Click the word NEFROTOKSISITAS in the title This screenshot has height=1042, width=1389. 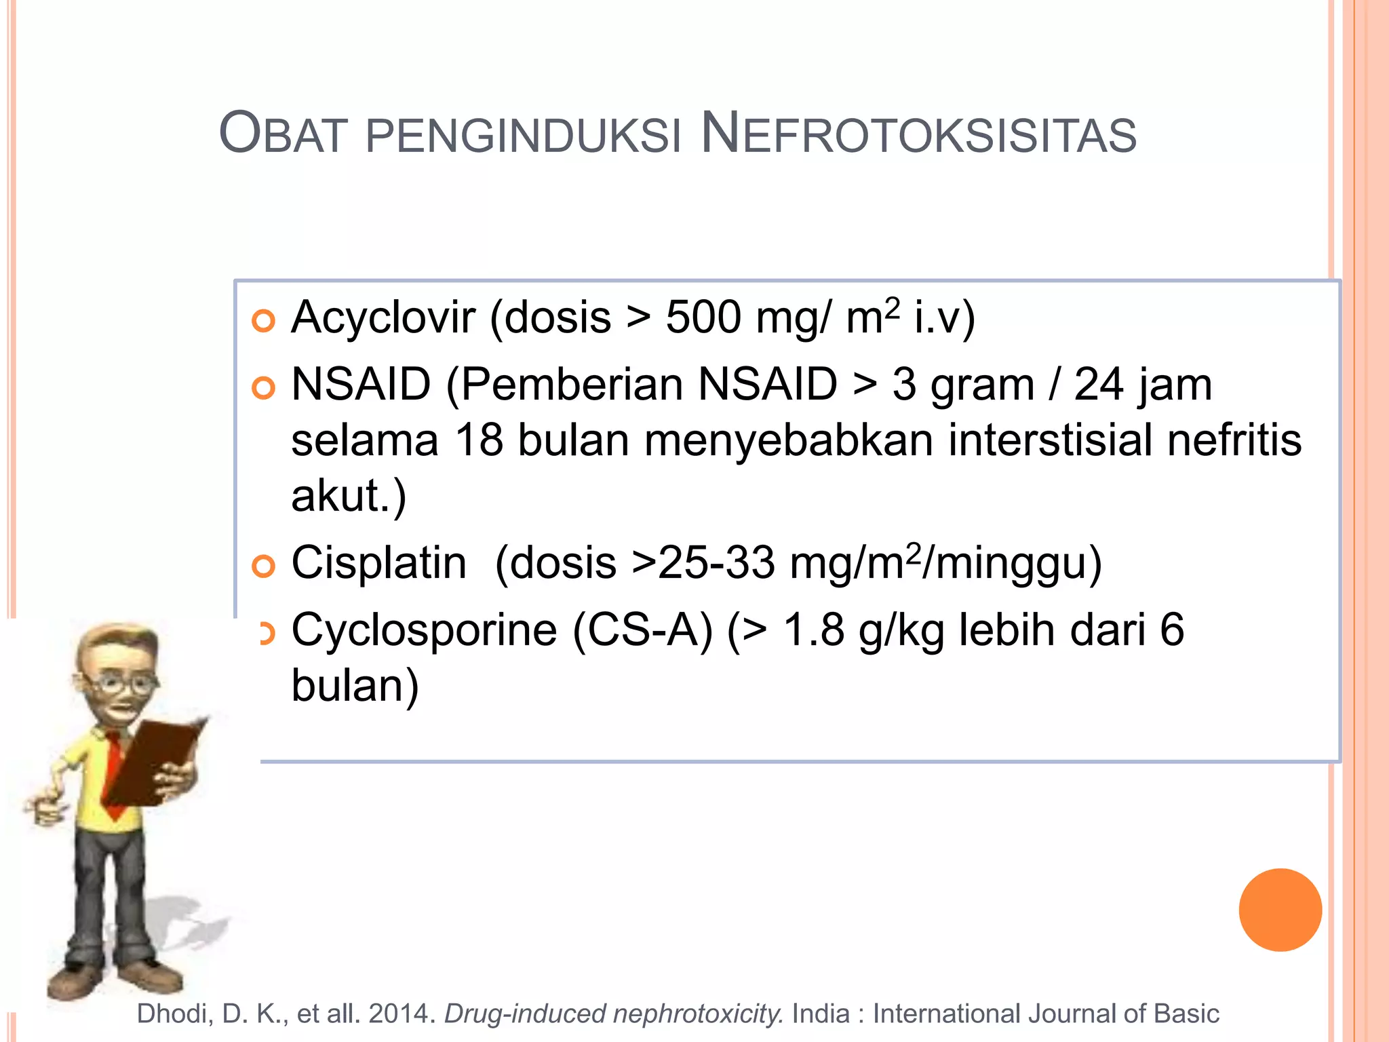pyautogui.click(x=918, y=134)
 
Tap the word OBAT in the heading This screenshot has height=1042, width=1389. pyautogui.click(x=283, y=134)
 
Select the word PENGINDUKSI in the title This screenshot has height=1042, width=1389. pyautogui.click(x=523, y=135)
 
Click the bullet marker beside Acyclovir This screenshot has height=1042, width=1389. pyautogui.click(x=263, y=321)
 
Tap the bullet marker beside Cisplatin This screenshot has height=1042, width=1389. pyautogui.click(x=263, y=566)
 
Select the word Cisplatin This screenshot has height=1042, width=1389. pyautogui.click(x=378, y=563)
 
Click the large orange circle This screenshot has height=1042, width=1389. pyautogui.click(x=1280, y=910)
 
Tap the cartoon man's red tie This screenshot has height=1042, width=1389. pyautogui.click(x=115, y=773)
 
